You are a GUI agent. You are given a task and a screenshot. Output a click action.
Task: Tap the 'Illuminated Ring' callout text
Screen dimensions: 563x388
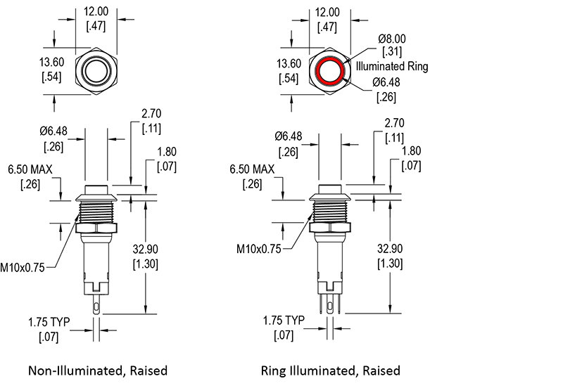tap(392, 66)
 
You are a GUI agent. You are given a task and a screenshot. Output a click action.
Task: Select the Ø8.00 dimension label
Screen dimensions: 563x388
tap(392, 39)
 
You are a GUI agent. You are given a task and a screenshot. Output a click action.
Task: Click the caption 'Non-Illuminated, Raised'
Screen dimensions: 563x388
tap(98, 370)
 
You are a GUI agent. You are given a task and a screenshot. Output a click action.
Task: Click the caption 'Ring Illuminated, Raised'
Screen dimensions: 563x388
tap(330, 370)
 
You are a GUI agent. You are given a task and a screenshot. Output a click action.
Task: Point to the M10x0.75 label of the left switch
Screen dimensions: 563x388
tap(23, 268)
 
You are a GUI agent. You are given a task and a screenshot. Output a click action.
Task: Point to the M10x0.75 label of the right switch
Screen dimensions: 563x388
tap(258, 249)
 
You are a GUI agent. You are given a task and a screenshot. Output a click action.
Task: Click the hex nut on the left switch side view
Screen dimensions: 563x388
tap(96, 228)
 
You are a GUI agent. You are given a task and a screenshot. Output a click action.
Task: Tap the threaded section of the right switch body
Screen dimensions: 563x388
tap(329, 211)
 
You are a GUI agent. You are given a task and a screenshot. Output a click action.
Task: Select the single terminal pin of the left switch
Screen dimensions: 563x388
tap(96, 304)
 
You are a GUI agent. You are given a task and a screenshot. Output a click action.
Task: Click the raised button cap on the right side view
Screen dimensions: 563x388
tap(329, 189)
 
